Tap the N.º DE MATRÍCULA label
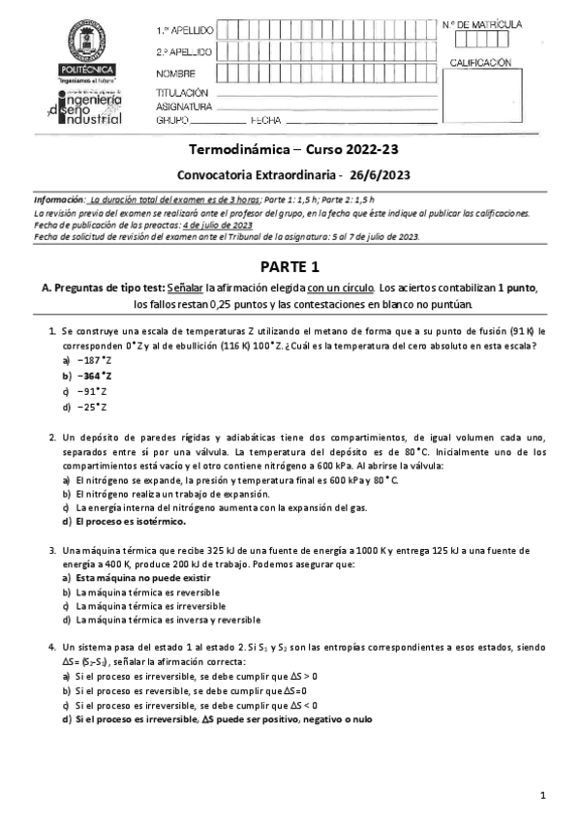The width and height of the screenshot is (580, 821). pyautogui.click(x=481, y=22)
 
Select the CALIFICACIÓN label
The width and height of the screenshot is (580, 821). pyautogui.click(x=478, y=62)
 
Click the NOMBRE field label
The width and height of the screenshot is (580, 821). pyautogui.click(x=175, y=74)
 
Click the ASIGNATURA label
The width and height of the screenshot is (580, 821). pyautogui.click(x=183, y=106)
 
